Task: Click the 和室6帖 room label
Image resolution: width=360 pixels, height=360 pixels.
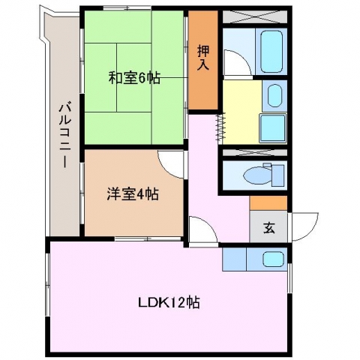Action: click(x=134, y=78)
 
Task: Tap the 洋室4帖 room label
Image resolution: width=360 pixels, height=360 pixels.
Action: click(x=133, y=193)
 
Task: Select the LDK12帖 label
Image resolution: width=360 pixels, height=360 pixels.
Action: click(x=169, y=302)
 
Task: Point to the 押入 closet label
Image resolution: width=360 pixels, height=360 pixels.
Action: click(x=203, y=58)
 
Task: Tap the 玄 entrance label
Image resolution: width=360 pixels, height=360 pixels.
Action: click(x=269, y=227)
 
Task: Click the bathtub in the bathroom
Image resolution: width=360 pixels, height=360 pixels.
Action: click(x=271, y=51)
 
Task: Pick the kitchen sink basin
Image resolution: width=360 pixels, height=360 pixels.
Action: click(x=273, y=259)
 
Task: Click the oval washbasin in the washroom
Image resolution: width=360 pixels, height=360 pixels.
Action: click(x=274, y=96)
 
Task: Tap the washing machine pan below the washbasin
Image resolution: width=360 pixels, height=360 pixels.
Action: click(x=273, y=128)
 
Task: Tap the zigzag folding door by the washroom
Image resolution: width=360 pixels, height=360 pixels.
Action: click(x=220, y=128)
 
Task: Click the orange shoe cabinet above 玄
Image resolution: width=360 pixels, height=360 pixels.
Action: click(x=268, y=203)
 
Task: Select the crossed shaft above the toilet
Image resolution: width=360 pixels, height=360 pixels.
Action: click(x=255, y=152)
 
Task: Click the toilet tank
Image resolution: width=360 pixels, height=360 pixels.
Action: click(x=278, y=175)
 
